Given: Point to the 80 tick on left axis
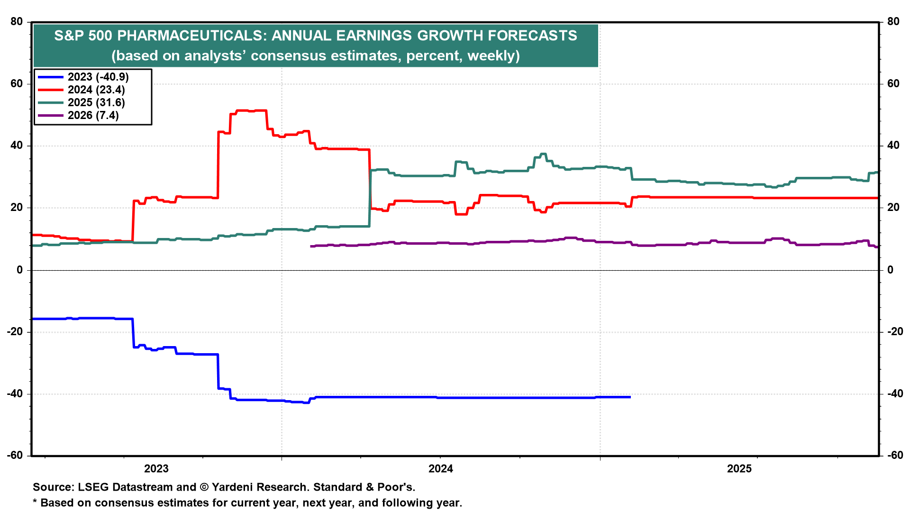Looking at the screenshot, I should pyautogui.click(x=17, y=22).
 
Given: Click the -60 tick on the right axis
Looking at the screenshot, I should pyautogui.click(x=894, y=456).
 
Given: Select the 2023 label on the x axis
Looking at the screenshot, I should pyautogui.click(x=156, y=469).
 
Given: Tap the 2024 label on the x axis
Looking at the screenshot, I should pyautogui.click(x=440, y=469).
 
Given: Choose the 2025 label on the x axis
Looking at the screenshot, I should pyautogui.click(x=739, y=469).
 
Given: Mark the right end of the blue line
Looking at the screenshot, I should pyautogui.click(x=630, y=397).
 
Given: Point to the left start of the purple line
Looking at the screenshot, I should pyautogui.click(x=311, y=246).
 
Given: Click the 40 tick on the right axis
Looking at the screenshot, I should pyautogui.click(x=893, y=146).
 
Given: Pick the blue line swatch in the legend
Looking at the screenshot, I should pyautogui.click(x=50, y=77).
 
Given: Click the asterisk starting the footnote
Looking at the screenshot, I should pyautogui.click(x=35, y=502).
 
